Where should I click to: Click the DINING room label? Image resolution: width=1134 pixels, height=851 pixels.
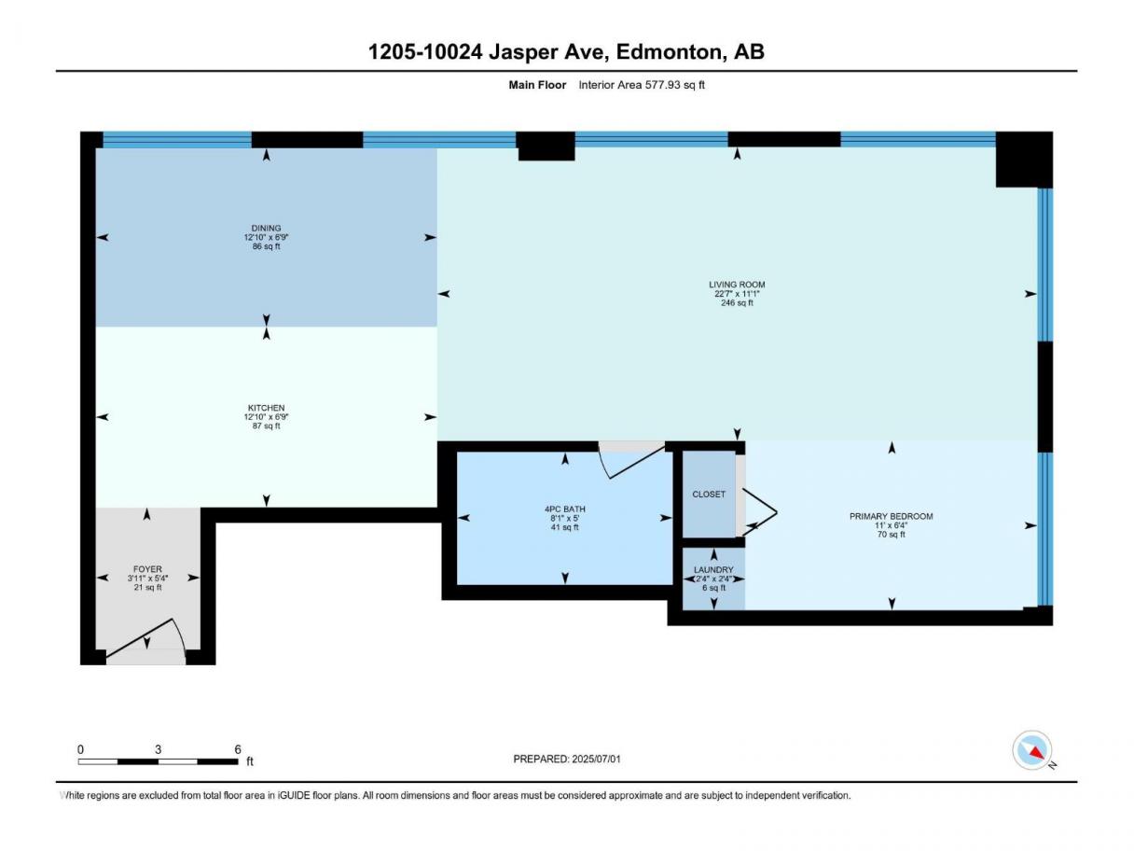point(266,228)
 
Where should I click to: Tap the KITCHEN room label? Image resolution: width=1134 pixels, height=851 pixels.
point(266,408)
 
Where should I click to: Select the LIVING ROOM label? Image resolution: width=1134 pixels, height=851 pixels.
point(737,285)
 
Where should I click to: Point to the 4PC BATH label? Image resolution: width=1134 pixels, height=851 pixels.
point(564,509)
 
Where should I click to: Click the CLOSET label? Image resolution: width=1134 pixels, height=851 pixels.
point(709,494)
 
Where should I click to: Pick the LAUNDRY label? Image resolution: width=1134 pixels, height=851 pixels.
point(713,569)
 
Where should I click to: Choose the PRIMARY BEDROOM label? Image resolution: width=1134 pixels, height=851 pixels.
point(892,516)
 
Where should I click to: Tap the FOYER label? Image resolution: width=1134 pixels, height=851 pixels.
point(147,569)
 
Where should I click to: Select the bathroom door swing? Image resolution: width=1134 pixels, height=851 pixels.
point(631,461)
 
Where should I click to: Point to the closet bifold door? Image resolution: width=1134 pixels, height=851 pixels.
point(759,512)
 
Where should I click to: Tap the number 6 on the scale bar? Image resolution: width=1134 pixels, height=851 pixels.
point(238,749)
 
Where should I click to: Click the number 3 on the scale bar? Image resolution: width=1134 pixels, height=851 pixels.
point(158,749)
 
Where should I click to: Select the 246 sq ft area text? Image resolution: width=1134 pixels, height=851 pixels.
point(737,302)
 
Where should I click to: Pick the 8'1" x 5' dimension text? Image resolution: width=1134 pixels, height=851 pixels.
point(564,518)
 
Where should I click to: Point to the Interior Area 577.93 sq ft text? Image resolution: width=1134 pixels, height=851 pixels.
point(642,85)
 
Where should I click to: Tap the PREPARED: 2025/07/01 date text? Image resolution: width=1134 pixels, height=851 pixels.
point(567,759)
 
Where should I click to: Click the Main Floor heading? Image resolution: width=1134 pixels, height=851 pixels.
point(537,85)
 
